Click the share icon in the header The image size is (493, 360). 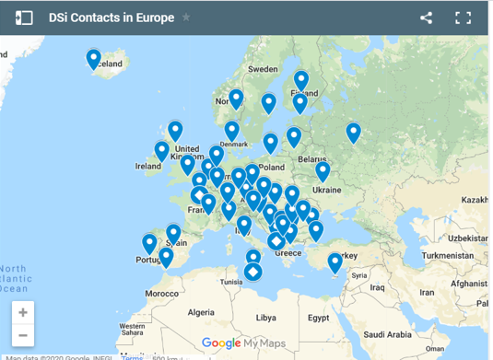coord(426,17)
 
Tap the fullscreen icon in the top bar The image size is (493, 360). coord(464,17)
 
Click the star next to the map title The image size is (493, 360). coord(186,17)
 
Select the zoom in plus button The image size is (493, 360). coord(23,312)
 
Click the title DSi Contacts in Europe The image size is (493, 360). coord(123,17)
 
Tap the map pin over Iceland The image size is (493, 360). coord(94,58)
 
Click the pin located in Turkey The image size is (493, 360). coord(335,262)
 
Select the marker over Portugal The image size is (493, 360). coord(149,243)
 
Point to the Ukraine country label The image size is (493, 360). coord(326,190)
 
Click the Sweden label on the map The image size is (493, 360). coord(263,69)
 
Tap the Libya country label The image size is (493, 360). coord(265,317)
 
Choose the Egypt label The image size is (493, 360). coord(318,317)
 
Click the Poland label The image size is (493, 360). coord(271,168)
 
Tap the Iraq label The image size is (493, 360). coord(378,287)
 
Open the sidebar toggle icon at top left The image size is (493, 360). coord(25,17)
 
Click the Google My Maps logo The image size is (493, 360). coord(240,343)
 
